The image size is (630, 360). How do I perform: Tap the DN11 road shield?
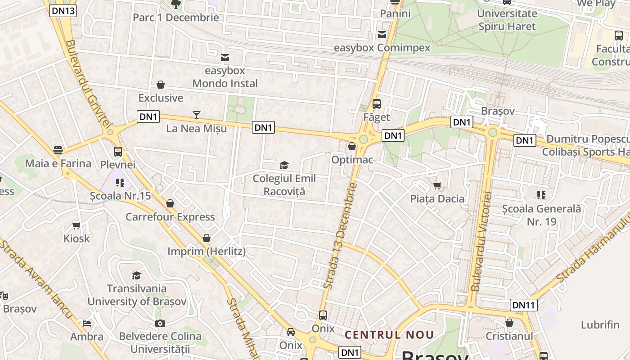coord(524,305)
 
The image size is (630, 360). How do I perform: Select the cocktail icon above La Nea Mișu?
coord(197,115)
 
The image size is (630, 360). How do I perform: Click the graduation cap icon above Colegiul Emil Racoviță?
coord(284,166)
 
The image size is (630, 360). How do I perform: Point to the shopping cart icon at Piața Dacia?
coord(437,185)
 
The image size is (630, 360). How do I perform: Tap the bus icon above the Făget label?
coord(377,104)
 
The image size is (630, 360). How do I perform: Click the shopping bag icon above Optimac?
coord(352,146)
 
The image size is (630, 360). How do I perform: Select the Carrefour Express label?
coord(170,217)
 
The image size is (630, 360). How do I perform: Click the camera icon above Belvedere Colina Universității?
coord(160,323)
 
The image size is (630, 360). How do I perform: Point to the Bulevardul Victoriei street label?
coord(481,241)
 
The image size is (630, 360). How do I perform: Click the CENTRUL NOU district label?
coord(389,335)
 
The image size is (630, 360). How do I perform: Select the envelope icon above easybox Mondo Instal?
coord(225,58)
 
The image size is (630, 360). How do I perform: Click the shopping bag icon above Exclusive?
coord(161,85)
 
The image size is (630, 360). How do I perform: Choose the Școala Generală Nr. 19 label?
coord(542,215)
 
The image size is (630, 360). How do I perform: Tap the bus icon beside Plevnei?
coord(118,152)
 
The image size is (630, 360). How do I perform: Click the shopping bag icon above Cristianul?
coord(509,323)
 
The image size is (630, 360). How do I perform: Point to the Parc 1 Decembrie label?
coord(176,18)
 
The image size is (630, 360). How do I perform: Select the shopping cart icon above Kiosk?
coord(76,225)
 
